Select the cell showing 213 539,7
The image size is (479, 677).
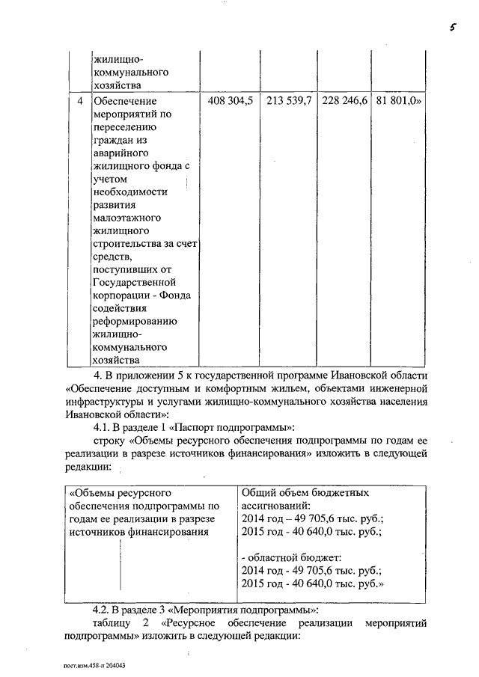(288, 100)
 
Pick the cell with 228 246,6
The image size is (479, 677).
(345, 100)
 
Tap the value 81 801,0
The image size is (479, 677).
(398, 100)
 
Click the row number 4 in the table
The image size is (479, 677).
(80, 100)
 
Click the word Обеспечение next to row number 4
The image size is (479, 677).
(125, 100)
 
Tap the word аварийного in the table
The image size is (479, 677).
(123, 153)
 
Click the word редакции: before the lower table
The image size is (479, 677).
(88, 466)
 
